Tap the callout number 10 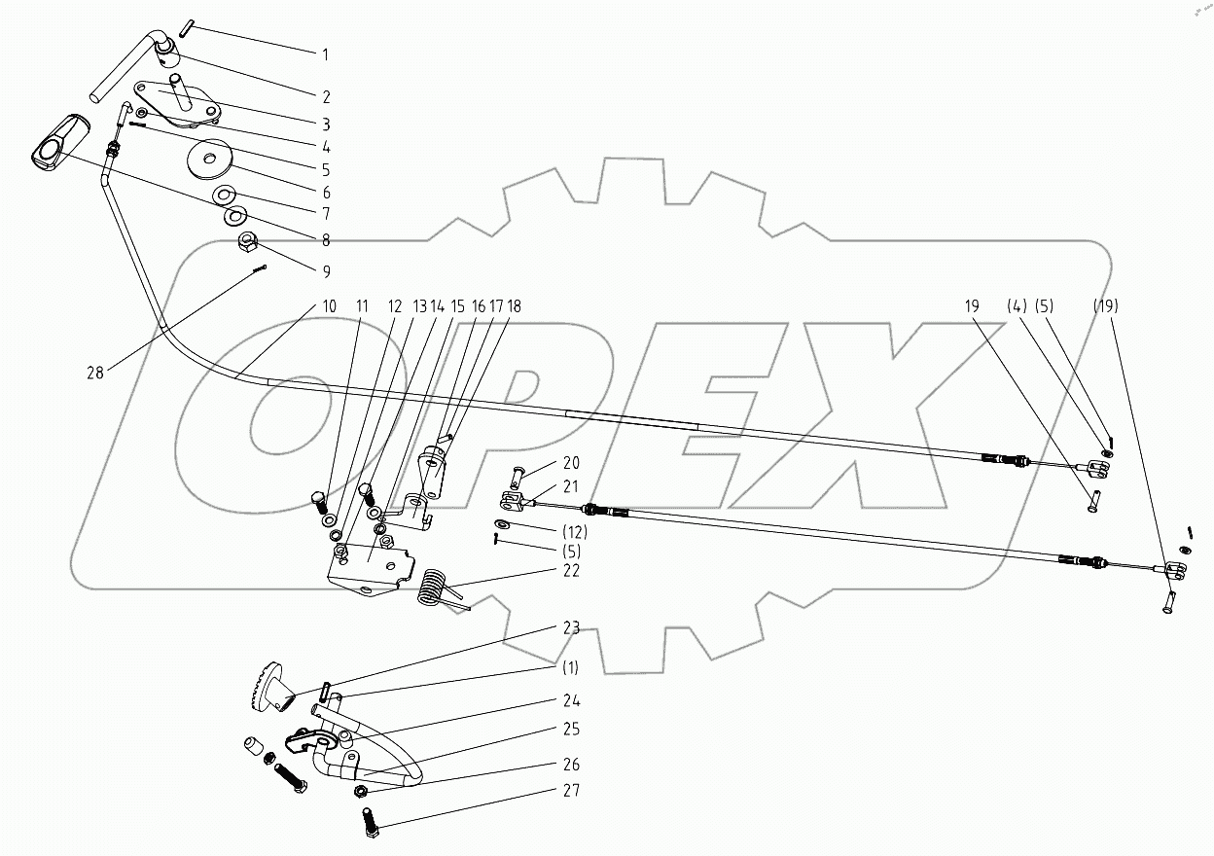point(329,306)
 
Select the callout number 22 point(570,571)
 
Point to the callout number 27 point(570,791)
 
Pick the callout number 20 point(570,462)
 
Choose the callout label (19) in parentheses point(1104,306)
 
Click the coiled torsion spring point(432,587)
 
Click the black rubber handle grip point(60,144)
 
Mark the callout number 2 point(326,96)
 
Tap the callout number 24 point(570,700)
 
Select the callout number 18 point(513,306)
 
